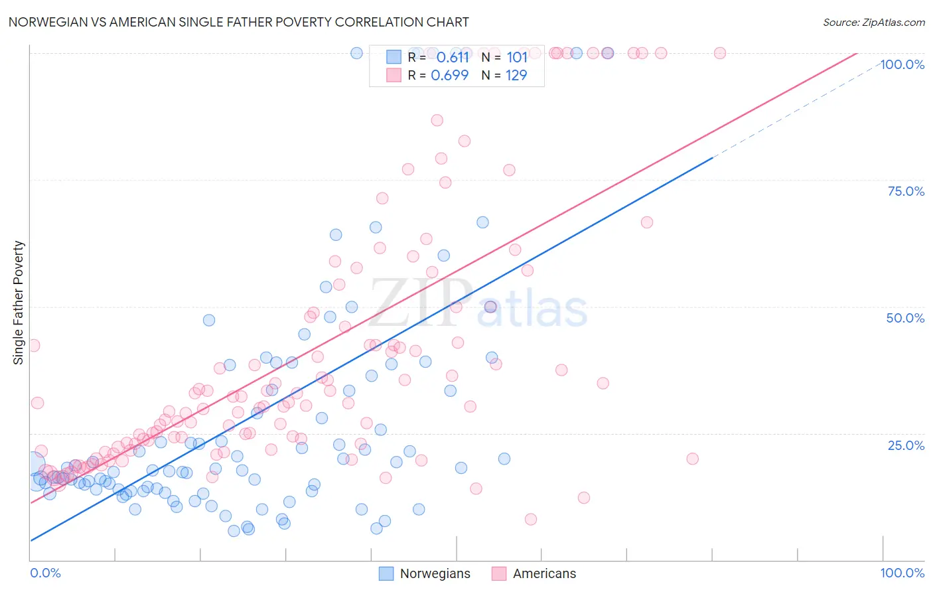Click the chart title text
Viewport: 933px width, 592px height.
(x=239, y=22)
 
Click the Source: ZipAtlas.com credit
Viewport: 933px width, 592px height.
(x=873, y=23)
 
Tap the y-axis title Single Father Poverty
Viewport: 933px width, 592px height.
(x=19, y=303)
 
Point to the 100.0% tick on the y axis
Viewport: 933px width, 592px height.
(x=902, y=64)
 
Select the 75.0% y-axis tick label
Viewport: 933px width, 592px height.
(x=906, y=191)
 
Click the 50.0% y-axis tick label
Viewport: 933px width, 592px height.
(x=905, y=318)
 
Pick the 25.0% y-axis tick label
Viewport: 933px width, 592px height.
(x=906, y=445)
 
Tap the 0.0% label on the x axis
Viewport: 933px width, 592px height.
(x=46, y=573)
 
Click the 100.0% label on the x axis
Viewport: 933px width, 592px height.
(x=902, y=573)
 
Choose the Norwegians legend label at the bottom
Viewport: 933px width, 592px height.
(x=435, y=573)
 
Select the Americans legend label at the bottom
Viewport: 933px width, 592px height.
(x=544, y=573)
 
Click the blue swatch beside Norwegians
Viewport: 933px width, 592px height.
(x=386, y=573)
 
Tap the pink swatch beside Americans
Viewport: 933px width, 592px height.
(x=499, y=573)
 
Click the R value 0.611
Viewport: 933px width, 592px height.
(x=453, y=58)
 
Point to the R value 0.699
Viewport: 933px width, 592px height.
(x=449, y=76)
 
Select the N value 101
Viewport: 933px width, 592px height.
(x=517, y=58)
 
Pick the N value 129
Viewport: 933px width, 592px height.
(x=516, y=76)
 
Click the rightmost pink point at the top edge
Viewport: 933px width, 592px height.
(x=720, y=53)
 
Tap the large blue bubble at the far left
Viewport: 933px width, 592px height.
(x=33, y=464)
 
